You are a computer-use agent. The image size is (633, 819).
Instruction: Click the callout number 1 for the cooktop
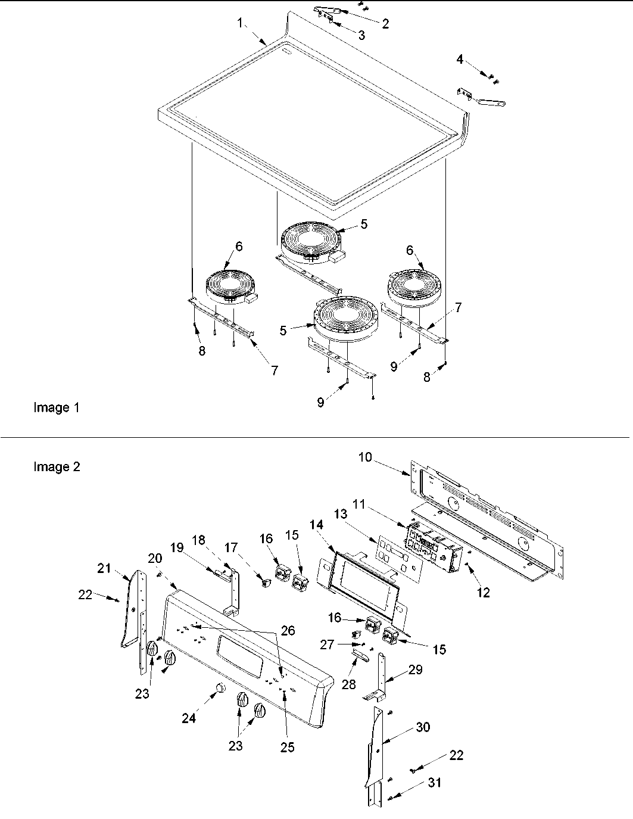click(x=240, y=23)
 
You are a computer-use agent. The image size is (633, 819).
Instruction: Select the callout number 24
click(x=189, y=718)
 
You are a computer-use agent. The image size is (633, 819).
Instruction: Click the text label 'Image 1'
click(x=56, y=408)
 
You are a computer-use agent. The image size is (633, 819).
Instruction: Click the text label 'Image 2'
click(x=56, y=467)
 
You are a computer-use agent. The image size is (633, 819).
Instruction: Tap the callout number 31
click(x=435, y=783)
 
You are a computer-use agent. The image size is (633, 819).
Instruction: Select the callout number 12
click(x=483, y=593)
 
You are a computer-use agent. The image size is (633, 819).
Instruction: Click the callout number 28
click(x=348, y=684)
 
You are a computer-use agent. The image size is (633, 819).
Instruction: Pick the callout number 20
click(x=155, y=558)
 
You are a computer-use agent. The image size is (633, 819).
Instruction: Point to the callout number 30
click(x=423, y=727)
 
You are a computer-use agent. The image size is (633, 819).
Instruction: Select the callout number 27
click(x=327, y=644)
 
